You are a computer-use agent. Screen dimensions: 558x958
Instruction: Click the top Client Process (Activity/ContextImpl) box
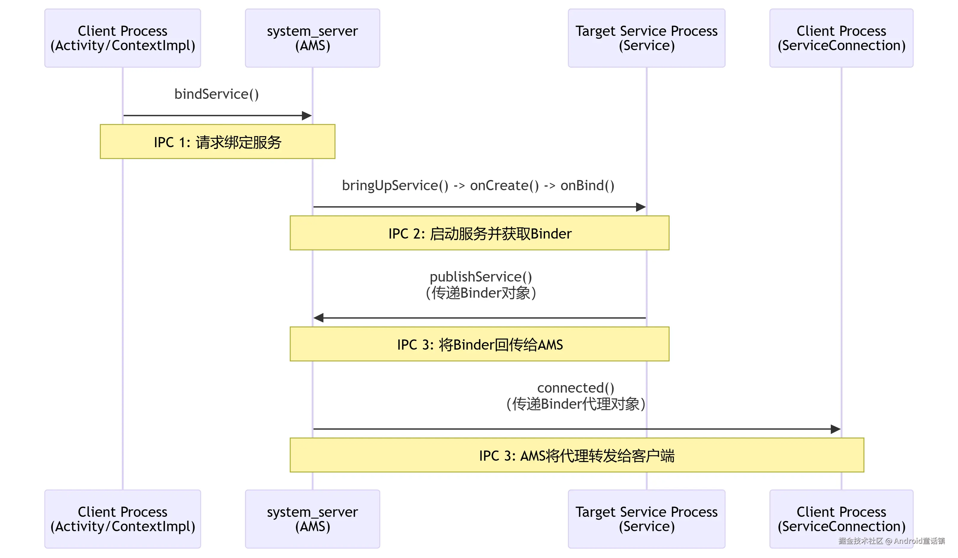pos(122,38)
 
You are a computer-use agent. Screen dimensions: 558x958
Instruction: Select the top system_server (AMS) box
pos(312,38)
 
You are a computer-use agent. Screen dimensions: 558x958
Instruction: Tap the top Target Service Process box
pos(646,38)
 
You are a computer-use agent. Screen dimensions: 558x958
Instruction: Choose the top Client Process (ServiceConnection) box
pos(841,38)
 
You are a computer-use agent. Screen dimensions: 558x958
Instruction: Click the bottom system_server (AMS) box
pos(312,519)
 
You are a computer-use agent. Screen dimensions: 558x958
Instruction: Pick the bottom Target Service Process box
pos(646,519)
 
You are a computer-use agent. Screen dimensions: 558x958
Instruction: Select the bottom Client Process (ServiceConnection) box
pos(841,519)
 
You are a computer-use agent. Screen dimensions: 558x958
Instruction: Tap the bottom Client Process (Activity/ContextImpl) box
pos(122,519)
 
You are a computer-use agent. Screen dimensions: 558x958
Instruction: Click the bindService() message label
pos(216,94)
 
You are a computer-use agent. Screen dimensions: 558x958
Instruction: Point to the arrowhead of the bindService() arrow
pos(307,116)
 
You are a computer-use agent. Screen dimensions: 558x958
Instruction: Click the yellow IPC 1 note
pos(217,142)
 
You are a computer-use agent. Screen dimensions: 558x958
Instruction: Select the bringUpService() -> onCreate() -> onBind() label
pos(478,185)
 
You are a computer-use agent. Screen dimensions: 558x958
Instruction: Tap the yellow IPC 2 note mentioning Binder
pos(479,233)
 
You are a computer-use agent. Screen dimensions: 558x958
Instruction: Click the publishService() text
pos(480,277)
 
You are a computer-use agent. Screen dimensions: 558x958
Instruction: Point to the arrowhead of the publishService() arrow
pos(319,318)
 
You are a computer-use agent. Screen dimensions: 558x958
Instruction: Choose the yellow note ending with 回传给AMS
pos(479,344)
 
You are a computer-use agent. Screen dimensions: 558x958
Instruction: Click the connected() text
pos(575,388)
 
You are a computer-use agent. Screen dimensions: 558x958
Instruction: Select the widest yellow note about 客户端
pos(576,455)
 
